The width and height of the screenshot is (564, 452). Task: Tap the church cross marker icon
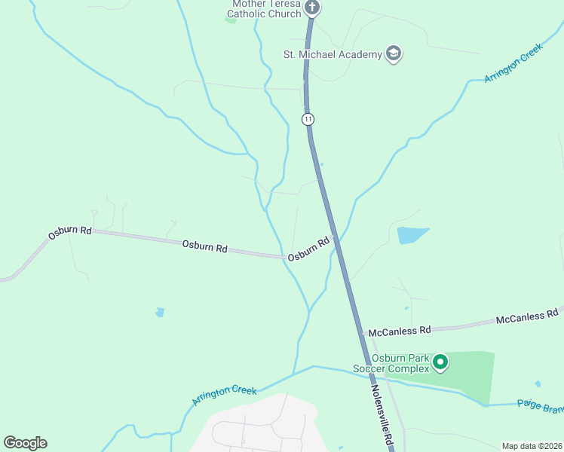click(x=312, y=8)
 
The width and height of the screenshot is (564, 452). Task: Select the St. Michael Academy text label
click(x=331, y=53)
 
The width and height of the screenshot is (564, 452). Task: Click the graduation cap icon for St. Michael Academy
click(x=393, y=53)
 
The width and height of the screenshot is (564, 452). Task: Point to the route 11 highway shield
click(x=308, y=119)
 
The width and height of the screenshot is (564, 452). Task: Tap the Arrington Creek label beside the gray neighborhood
click(x=224, y=396)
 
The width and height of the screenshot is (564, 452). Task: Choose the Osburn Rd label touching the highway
click(x=308, y=249)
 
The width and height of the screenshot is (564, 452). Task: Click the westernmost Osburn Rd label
click(x=69, y=233)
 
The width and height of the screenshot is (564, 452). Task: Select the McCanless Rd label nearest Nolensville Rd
click(x=399, y=331)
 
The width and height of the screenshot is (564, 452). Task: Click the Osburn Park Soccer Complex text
click(x=391, y=363)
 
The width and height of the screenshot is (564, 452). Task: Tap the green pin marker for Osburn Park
click(x=440, y=363)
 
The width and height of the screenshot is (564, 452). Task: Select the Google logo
click(x=25, y=442)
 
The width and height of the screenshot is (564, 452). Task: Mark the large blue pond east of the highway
click(x=412, y=235)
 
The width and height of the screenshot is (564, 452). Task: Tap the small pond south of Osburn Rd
click(x=159, y=312)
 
